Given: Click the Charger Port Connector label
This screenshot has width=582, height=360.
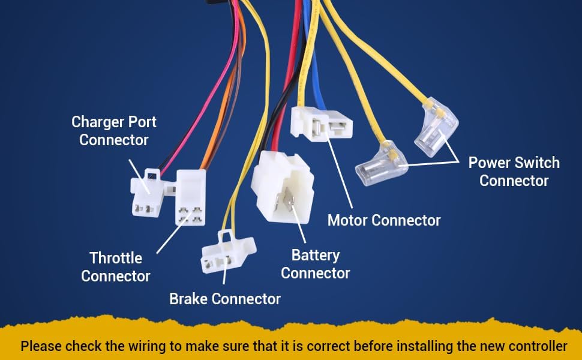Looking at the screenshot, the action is (114, 131).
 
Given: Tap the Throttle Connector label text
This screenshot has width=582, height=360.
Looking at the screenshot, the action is (115, 267).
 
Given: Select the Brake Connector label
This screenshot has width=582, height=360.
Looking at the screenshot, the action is (225, 299).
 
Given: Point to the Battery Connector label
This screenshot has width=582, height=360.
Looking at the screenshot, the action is (316, 264).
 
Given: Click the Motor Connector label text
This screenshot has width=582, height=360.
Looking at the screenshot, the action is (384, 220).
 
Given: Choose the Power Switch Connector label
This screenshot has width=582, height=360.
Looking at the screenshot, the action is (514, 172).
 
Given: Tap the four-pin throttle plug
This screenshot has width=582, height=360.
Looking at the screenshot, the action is (190, 198).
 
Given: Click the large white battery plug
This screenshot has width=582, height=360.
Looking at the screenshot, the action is (283, 187).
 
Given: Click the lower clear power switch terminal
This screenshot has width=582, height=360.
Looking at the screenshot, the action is (381, 164).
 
